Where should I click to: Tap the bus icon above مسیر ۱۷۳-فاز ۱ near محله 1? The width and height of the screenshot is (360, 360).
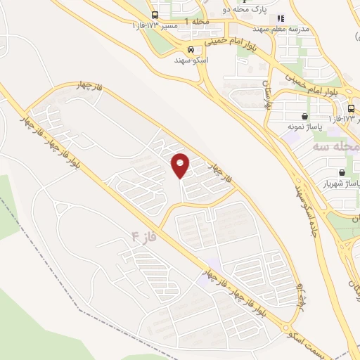(x=155, y=15)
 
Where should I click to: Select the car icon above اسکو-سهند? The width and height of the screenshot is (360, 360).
(x=191, y=50)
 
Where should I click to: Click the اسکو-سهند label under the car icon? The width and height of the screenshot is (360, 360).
(x=191, y=60)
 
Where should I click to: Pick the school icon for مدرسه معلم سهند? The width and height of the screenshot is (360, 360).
(x=281, y=18)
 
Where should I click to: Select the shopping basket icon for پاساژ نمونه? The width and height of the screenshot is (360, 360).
(x=304, y=117)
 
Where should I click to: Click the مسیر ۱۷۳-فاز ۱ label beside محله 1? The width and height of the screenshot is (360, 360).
(x=155, y=25)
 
